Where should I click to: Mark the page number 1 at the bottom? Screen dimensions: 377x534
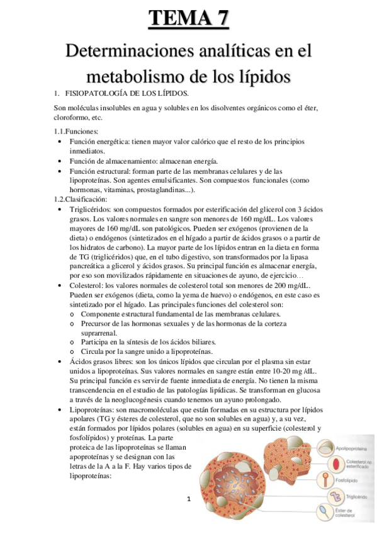(x=188, y=499)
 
